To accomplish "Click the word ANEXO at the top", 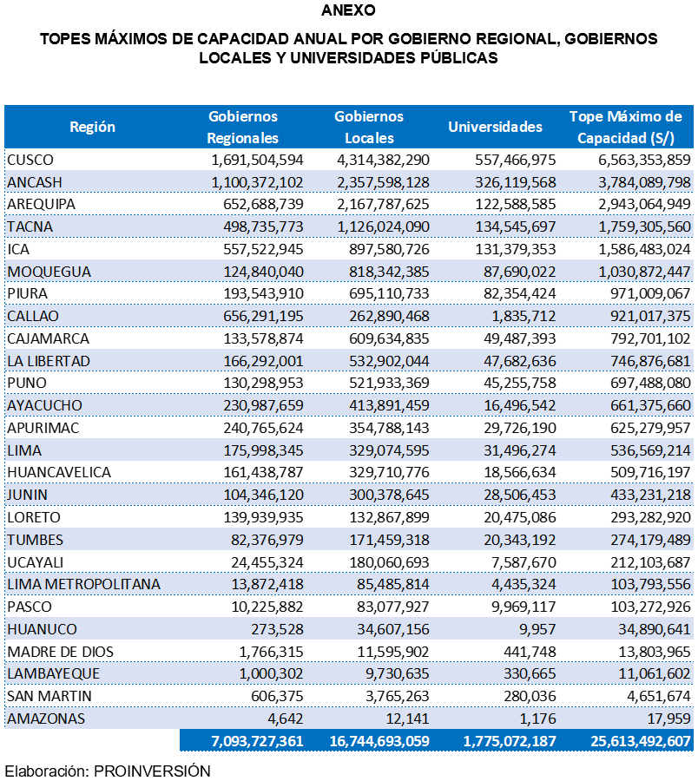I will (348, 11).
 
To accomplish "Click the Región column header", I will (92, 127).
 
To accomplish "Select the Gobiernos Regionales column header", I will (243, 127).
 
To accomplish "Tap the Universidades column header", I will (495, 127).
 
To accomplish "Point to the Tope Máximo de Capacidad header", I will (625, 127).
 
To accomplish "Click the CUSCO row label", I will (30, 160).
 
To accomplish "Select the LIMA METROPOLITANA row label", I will (83, 584).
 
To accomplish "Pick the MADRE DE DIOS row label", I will (60, 652).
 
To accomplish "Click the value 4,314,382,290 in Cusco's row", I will (383, 160).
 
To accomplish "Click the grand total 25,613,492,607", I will (629, 740).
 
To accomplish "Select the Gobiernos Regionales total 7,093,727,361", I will (244, 740).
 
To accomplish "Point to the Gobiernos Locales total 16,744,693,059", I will (379, 740).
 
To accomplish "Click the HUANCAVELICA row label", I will (58, 472).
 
